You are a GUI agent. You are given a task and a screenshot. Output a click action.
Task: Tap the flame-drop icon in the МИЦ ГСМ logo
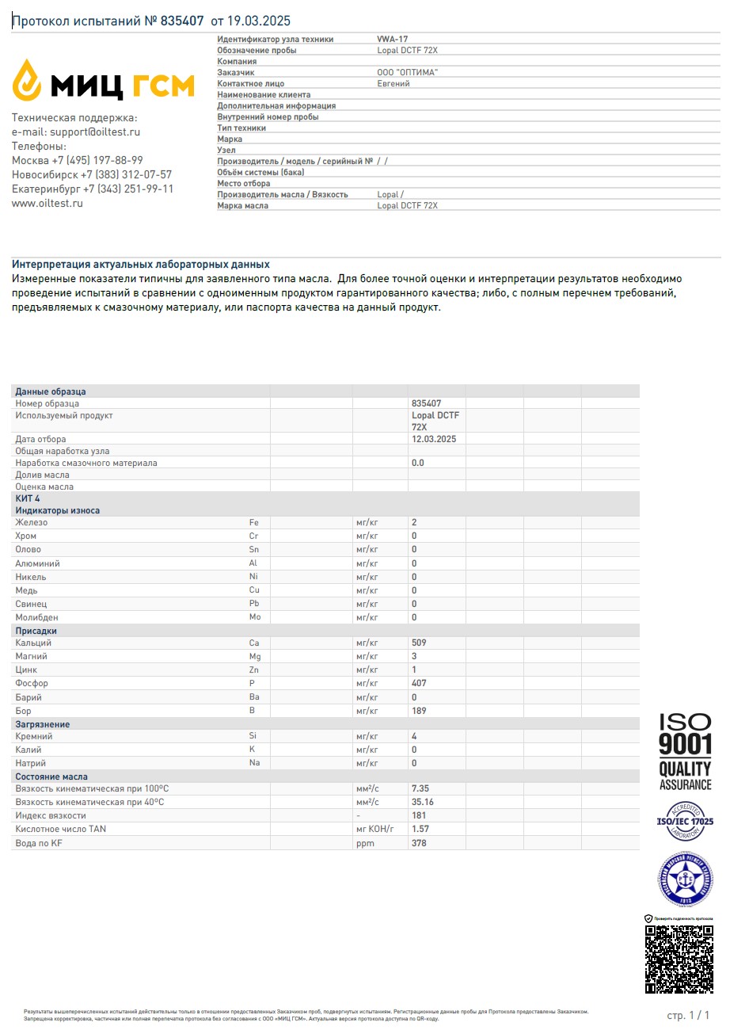click(x=27, y=79)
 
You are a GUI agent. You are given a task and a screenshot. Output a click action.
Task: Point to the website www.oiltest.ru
click(x=48, y=203)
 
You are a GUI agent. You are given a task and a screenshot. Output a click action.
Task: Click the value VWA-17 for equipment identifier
click(x=393, y=39)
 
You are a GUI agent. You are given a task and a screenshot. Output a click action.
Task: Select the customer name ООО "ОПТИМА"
click(x=408, y=72)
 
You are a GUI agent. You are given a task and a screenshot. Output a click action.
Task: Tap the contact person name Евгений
click(x=394, y=83)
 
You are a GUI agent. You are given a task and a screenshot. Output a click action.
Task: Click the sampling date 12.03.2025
click(x=434, y=438)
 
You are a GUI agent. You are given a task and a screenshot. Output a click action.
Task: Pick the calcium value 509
click(x=419, y=643)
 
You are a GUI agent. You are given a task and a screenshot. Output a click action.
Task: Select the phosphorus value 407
click(x=419, y=683)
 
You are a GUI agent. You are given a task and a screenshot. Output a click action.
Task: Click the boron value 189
click(x=419, y=711)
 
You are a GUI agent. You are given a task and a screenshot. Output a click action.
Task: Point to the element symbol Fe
click(x=254, y=522)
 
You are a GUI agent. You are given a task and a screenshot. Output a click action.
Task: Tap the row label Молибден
click(x=36, y=617)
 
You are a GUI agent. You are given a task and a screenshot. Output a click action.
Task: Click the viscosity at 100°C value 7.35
click(x=420, y=788)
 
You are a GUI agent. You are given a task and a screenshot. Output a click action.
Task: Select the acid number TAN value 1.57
click(x=420, y=829)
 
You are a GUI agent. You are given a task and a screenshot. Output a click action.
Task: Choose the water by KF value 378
click(x=419, y=843)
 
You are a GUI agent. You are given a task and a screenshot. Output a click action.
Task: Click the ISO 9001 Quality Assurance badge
click(x=686, y=751)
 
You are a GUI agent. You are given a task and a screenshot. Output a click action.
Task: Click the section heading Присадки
click(x=36, y=631)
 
